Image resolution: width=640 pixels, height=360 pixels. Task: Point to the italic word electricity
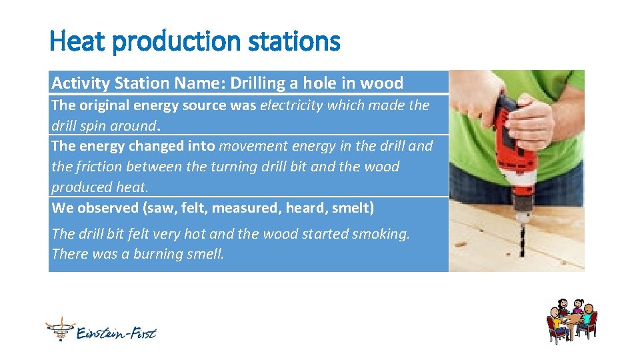(292, 105)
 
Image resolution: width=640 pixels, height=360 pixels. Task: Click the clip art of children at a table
(572, 321)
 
